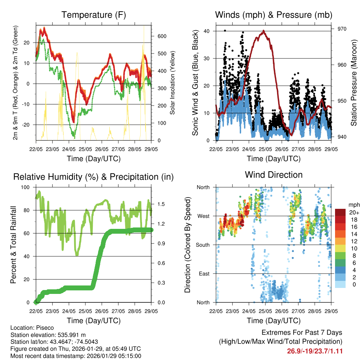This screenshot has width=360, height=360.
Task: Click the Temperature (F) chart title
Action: point(94,15)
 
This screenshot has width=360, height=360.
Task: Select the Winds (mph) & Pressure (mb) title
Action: point(274,15)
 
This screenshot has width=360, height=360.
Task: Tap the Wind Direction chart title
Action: point(274,175)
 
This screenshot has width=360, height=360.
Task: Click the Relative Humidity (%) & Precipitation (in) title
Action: point(94,177)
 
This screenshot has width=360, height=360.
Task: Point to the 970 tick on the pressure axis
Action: point(342,29)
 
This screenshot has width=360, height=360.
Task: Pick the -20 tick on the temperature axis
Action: point(28,125)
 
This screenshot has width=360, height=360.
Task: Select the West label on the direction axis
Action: point(203,216)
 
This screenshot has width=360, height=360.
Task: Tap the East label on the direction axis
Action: point(204,274)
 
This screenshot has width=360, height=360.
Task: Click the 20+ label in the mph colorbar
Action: point(353,212)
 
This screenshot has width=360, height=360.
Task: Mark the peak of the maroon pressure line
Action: point(264,31)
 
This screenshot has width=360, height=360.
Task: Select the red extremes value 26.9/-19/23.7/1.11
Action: point(315,351)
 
